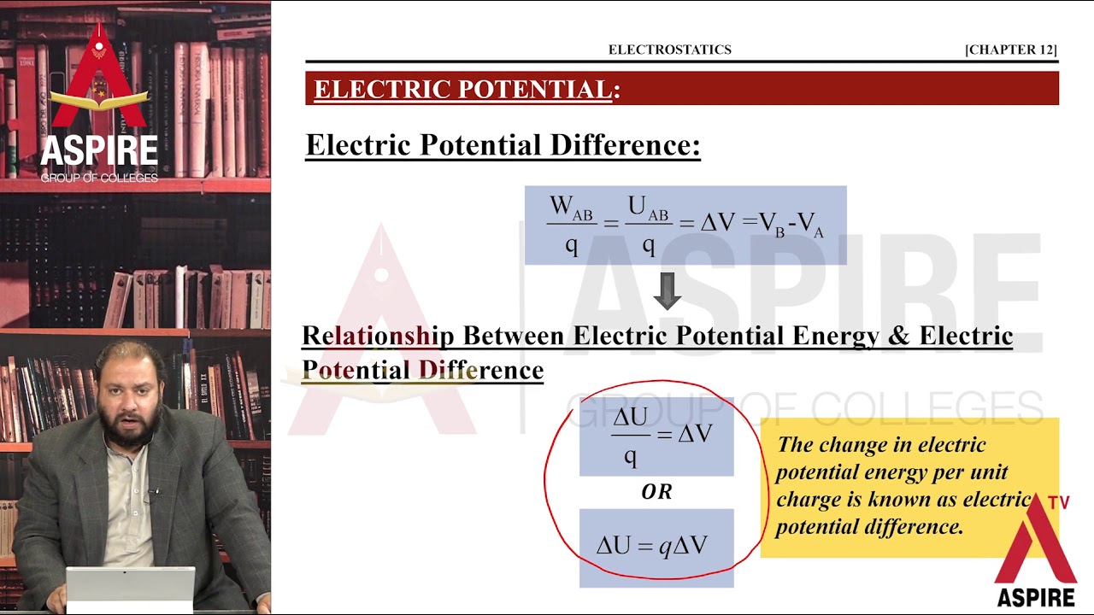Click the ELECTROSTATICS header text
pos(669,50)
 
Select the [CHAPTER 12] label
pos(1010,50)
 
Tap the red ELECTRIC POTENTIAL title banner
pos(681,89)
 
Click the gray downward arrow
pos(667,290)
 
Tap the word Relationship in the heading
pos(379,336)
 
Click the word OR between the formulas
pos(656,492)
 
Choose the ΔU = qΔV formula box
pos(656,547)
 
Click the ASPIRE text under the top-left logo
pos(99,151)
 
